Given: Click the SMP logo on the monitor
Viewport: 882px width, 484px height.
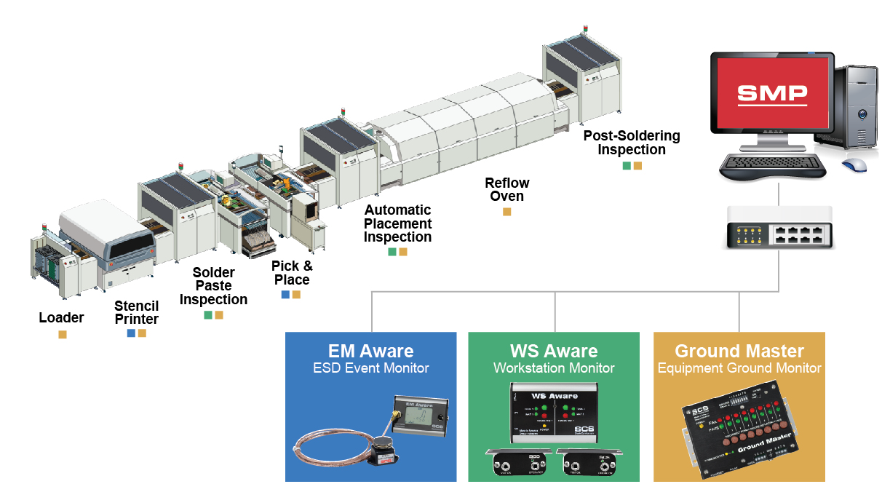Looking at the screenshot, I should click(x=772, y=93).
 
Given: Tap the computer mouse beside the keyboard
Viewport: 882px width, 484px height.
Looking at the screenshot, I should click(x=854, y=164).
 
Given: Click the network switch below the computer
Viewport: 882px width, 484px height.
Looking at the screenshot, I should click(x=779, y=227).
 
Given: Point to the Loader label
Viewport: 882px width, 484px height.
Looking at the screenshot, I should click(x=61, y=317).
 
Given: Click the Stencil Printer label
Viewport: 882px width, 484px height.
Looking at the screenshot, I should click(x=136, y=313).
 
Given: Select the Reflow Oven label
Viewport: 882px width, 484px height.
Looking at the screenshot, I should click(x=507, y=189).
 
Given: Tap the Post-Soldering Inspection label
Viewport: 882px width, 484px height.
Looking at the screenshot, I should click(x=632, y=143).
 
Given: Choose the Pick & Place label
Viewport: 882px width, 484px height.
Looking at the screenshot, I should click(x=291, y=273).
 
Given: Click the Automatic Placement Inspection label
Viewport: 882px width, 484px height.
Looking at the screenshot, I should click(x=397, y=223).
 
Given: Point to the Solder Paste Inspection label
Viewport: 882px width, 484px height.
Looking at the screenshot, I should click(x=213, y=286).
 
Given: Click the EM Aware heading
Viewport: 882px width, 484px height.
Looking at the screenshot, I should click(x=370, y=352).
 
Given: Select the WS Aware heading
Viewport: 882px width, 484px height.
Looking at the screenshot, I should click(x=554, y=352).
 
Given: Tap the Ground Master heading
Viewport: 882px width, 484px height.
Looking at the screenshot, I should click(x=739, y=352).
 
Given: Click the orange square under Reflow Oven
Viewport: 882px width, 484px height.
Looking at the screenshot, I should click(x=507, y=212).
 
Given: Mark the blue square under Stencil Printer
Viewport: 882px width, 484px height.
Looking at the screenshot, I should click(x=131, y=333).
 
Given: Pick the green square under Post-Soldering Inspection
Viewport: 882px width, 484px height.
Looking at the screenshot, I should click(x=627, y=166).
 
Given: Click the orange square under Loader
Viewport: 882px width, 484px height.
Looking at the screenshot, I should click(x=63, y=335).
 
